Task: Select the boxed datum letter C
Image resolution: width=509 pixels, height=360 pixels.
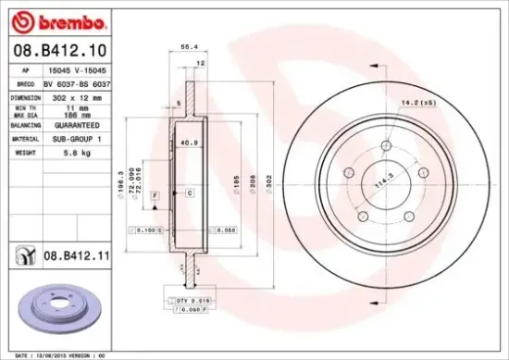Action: pos(190,192)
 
